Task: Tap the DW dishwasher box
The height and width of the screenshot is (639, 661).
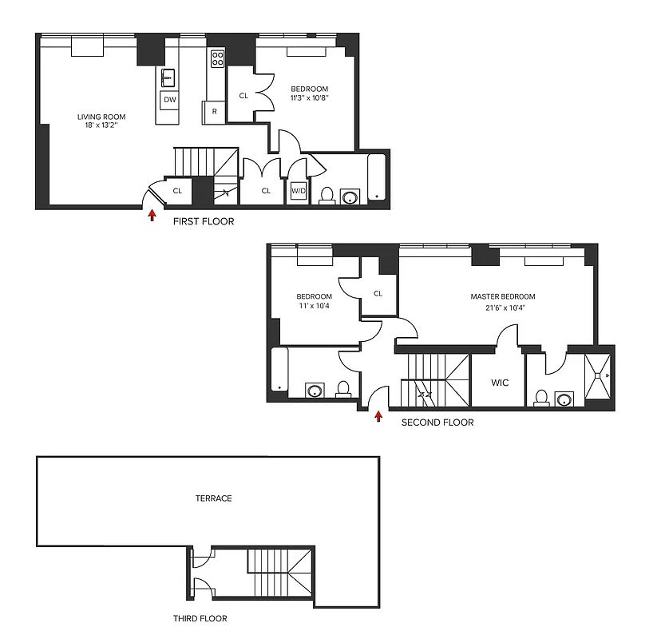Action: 168,100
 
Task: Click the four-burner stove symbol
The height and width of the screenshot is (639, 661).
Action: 217,58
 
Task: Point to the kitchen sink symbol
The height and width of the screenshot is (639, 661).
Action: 168,77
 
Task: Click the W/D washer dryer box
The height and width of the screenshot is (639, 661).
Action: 299,190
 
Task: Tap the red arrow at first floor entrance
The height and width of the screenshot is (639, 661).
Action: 152,213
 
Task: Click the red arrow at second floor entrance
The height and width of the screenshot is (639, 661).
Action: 378,415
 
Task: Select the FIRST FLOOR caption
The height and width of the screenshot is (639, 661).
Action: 204,221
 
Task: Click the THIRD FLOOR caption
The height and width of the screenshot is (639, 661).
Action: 200,618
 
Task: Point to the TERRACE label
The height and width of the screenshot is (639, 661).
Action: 213,498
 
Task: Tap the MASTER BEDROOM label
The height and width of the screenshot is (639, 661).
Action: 502,296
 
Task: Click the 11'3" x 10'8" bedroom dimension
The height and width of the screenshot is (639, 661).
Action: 309,98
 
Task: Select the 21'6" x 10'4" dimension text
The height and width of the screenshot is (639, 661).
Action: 502,308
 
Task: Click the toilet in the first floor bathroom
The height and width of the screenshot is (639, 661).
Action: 327,196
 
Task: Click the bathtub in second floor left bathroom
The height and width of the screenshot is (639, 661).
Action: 279,370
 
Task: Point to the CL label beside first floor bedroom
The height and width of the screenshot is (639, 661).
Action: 243,96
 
